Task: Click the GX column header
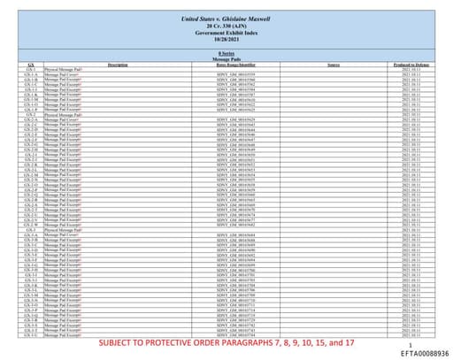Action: [31, 65]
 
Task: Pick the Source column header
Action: [334, 65]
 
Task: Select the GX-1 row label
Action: [31, 69]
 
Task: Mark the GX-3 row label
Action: [31, 229]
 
